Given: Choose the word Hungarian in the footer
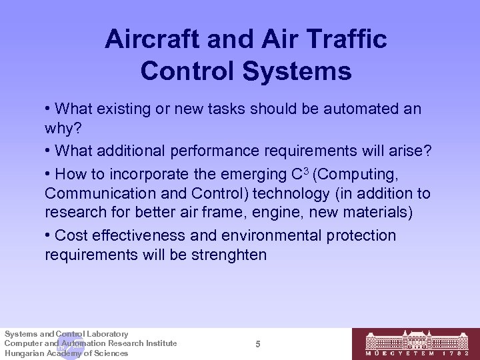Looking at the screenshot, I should (24, 353).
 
